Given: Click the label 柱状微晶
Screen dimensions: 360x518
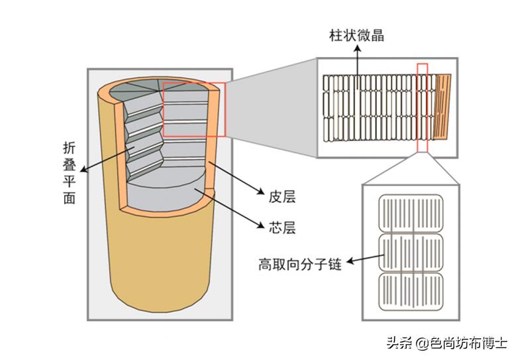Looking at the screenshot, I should (x=356, y=35).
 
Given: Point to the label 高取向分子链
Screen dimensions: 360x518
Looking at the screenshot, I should (x=299, y=265).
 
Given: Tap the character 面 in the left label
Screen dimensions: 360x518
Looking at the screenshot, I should (x=69, y=198).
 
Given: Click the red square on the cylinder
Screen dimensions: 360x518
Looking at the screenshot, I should (x=194, y=109).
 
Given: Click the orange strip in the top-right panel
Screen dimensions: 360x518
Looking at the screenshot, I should (x=443, y=106).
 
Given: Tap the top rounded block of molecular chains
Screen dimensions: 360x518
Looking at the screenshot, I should (x=411, y=212).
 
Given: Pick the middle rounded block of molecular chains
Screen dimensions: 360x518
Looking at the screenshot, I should (x=411, y=252).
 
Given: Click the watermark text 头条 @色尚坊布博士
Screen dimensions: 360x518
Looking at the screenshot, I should (x=446, y=343).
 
